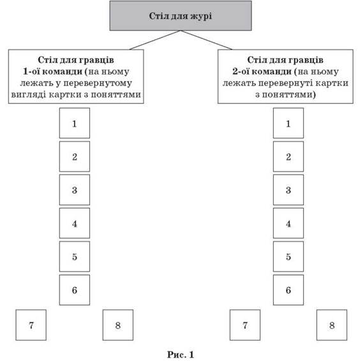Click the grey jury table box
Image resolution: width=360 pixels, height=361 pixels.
[181, 16]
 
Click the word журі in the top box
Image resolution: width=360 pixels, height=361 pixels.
[202, 16]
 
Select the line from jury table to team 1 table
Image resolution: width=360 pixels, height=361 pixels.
[155, 40]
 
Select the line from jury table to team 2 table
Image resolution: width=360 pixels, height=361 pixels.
[206, 40]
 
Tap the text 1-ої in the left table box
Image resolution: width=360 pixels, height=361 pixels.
[32, 71]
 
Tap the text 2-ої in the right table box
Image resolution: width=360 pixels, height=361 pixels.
[241, 71]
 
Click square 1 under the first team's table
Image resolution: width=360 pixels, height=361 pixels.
[75, 123]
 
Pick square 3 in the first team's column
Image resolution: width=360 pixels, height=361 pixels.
[75, 190]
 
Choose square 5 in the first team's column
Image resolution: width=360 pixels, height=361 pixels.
[75, 256]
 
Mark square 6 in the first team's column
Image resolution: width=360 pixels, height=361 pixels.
[75, 290]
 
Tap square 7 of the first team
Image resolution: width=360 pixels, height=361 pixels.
[31, 325]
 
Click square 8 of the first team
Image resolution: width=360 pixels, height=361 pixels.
[118, 325]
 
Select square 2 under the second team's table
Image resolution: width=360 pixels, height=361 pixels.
[289, 156]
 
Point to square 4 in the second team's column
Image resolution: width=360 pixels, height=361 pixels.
[289, 223]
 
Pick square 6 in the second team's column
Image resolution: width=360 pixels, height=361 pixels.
[289, 290]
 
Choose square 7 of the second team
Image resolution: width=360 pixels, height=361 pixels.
[245, 325]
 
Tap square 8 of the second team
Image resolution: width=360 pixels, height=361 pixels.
[332, 325]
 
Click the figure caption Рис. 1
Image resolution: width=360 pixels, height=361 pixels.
[181, 355]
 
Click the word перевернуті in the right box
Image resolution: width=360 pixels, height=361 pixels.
[285, 83]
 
